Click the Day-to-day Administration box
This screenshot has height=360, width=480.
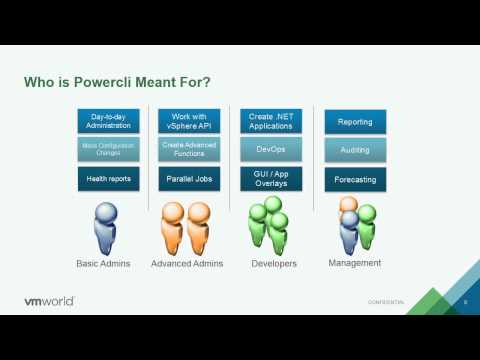109,121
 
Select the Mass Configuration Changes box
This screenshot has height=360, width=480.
109,150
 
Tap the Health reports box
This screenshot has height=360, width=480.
109,180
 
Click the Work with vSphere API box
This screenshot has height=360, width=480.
189,121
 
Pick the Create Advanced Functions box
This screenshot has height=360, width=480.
189,150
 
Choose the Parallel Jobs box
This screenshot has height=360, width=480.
189,180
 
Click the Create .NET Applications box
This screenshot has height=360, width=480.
270,121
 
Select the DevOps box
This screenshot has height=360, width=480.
270,150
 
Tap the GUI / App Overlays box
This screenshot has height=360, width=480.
270,180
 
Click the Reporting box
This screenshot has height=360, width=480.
355,122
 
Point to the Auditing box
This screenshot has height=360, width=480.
355,151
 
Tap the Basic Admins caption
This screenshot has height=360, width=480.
109,264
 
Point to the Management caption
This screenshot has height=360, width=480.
355,263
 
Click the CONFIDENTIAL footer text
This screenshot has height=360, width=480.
386,302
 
